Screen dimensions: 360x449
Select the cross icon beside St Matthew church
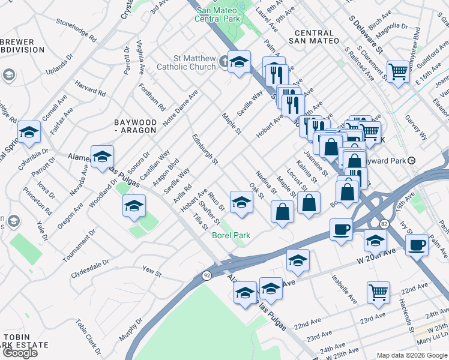(224, 61)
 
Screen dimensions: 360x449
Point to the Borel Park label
(231, 235)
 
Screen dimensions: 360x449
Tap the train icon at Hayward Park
(412, 161)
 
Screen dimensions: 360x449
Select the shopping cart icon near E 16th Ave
(397, 72)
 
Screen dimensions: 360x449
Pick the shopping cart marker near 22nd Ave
(378, 292)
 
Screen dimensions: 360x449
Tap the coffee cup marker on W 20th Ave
(342, 229)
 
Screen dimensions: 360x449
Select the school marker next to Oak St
(241, 202)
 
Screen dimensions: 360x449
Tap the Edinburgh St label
(205, 150)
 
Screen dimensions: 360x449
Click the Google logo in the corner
(19, 352)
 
